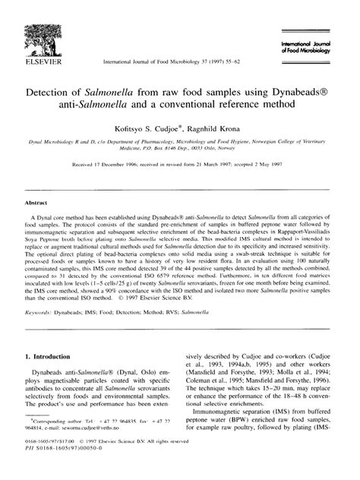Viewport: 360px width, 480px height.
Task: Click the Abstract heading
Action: click(37, 183)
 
